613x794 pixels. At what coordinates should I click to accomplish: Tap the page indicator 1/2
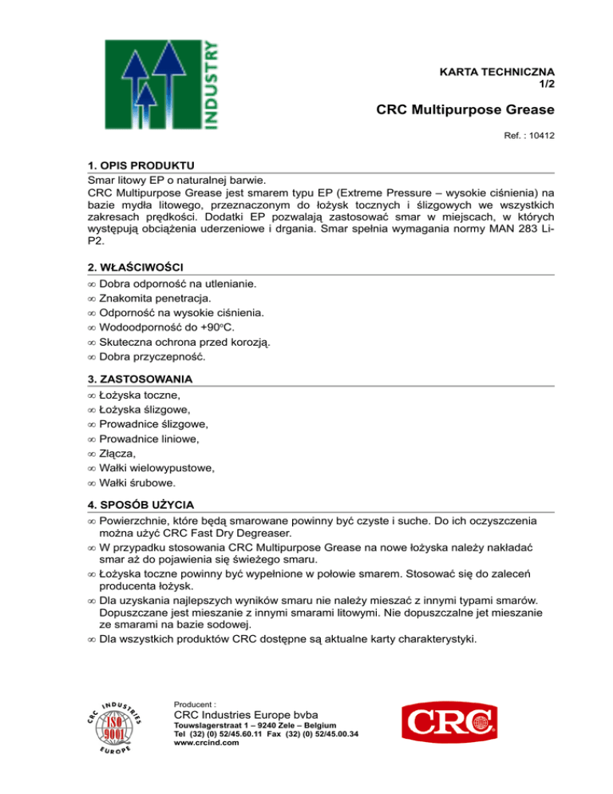coord(547,83)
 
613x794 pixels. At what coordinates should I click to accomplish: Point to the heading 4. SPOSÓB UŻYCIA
coord(143,505)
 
